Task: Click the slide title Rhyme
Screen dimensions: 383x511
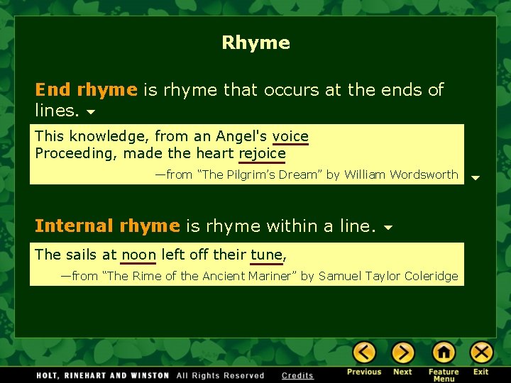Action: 255,43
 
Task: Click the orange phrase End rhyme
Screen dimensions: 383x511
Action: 86,90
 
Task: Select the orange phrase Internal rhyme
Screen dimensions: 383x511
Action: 107,226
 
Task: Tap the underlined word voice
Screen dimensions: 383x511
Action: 290,136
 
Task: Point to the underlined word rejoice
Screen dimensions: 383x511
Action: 262,153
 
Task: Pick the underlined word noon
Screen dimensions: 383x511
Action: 138,254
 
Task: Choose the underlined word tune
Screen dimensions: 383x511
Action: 266,254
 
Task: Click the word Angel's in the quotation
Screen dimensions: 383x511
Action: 242,136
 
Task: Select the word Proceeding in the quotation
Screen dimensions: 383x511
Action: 77,153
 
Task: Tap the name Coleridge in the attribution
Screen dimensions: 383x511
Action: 431,276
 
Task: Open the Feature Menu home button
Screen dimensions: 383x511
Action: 444,353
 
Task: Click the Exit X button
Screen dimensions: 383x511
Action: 481,353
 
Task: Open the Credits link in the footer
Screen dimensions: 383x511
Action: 297,375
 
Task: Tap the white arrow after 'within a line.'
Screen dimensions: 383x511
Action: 388,228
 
